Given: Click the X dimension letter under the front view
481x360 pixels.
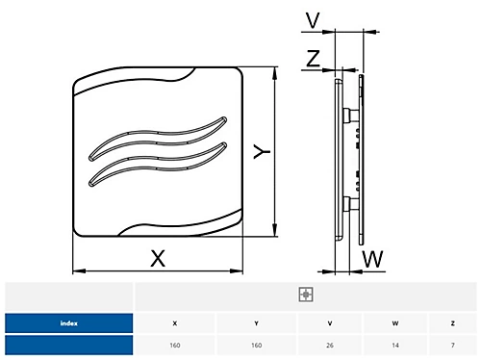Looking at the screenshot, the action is [x=158, y=258].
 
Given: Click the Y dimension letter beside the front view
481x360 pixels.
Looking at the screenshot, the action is [x=262, y=151].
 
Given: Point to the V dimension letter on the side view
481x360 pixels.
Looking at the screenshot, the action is [x=313, y=20].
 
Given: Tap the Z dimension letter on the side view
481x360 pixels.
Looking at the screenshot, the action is [x=313, y=58].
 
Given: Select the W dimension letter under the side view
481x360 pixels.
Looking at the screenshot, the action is [x=372, y=259].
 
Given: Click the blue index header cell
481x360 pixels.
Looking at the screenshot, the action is [x=69, y=323].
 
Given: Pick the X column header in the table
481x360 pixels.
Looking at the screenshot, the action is [x=175, y=323].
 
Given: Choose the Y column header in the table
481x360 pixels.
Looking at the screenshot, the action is [x=256, y=323].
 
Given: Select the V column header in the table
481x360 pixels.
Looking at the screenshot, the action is [x=330, y=323].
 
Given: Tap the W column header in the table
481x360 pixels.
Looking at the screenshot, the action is [x=395, y=323].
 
